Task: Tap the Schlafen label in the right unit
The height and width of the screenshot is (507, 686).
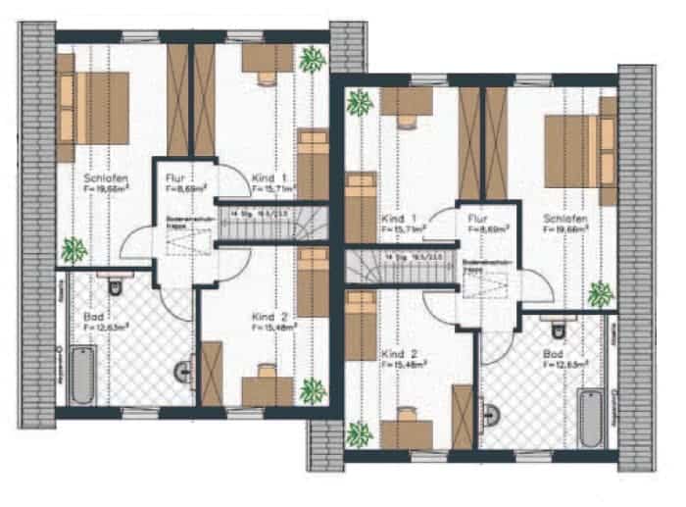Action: [x=564, y=217]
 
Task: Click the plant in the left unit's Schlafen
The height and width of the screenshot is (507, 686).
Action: [x=73, y=250]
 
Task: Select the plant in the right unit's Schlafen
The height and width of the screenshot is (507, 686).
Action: [x=600, y=293]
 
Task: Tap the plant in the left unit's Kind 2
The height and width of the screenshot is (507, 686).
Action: [x=313, y=391]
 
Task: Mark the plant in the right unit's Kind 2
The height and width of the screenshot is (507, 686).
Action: [x=360, y=432]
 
